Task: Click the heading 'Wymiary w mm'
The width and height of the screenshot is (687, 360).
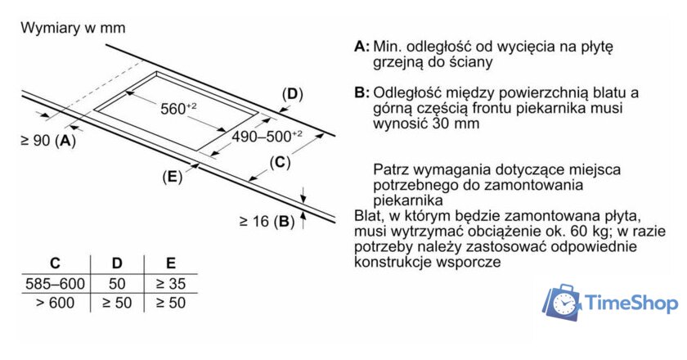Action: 73,28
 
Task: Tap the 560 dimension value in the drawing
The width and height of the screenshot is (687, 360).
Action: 177,108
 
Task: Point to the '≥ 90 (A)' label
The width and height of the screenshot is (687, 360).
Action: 47,141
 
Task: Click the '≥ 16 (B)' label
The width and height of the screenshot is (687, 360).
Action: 267,221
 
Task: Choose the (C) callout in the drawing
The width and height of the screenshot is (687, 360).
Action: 280,162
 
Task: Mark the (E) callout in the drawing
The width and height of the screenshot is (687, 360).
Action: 172,176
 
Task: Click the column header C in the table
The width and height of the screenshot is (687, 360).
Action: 55,263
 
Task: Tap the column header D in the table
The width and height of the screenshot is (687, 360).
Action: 117,263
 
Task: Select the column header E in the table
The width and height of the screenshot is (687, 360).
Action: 170,263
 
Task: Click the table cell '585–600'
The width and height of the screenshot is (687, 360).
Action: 55,284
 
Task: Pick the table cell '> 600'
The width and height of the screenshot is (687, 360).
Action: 55,303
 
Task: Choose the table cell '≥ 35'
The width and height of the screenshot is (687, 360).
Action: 170,284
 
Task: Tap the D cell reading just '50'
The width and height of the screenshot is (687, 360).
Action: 117,284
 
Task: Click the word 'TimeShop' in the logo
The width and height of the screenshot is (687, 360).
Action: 632,304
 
